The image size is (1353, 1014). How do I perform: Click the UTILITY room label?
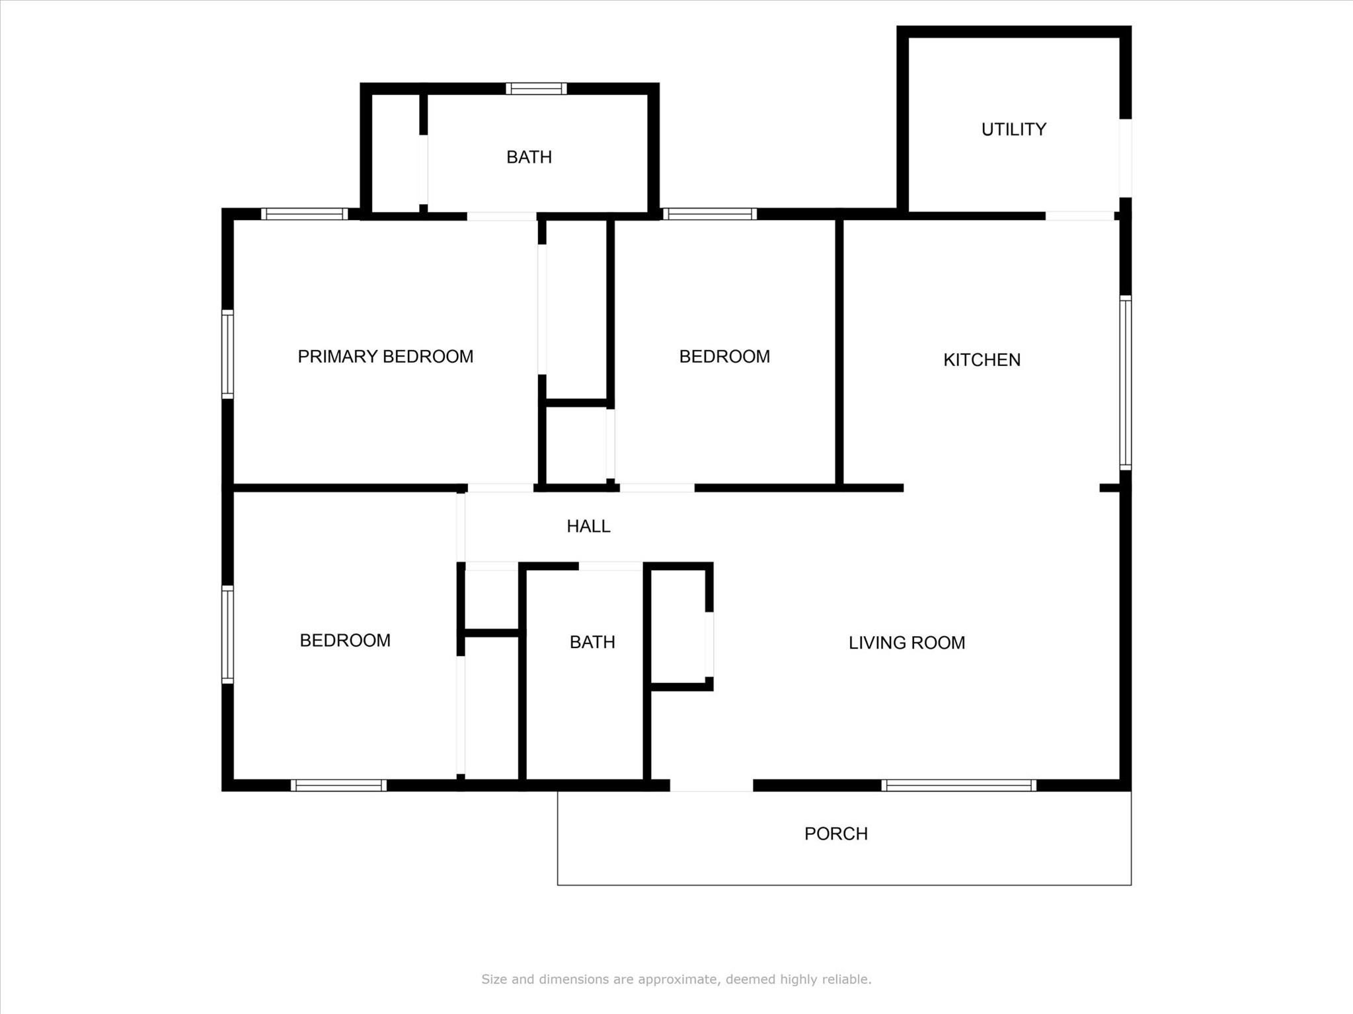(x=1013, y=129)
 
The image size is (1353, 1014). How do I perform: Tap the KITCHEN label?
(x=982, y=360)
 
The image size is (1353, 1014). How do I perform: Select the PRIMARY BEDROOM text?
(x=385, y=357)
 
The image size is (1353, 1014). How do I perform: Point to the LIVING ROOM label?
(x=906, y=643)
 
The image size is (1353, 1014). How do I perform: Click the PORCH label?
(x=835, y=834)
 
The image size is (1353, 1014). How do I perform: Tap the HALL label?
(x=588, y=526)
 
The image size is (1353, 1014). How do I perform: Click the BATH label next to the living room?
(x=592, y=642)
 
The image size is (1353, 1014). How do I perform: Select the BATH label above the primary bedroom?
(x=529, y=157)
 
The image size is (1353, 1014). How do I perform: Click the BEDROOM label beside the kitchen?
(x=724, y=357)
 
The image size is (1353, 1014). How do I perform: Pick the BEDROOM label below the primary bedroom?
(x=345, y=641)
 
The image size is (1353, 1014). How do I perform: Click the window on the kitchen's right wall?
(x=1125, y=383)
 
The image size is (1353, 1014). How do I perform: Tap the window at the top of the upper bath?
(x=536, y=89)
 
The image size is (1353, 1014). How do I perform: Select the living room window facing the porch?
(x=958, y=785)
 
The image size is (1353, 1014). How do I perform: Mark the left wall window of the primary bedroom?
(x=227, y=354)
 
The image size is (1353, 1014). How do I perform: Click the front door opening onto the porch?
(x=711, y=785)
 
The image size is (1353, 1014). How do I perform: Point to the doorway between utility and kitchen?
(x=1079, y=216)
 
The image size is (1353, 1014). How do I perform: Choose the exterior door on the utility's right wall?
(x=1125, y=158)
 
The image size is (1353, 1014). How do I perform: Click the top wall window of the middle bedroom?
(x=710, y=214)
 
